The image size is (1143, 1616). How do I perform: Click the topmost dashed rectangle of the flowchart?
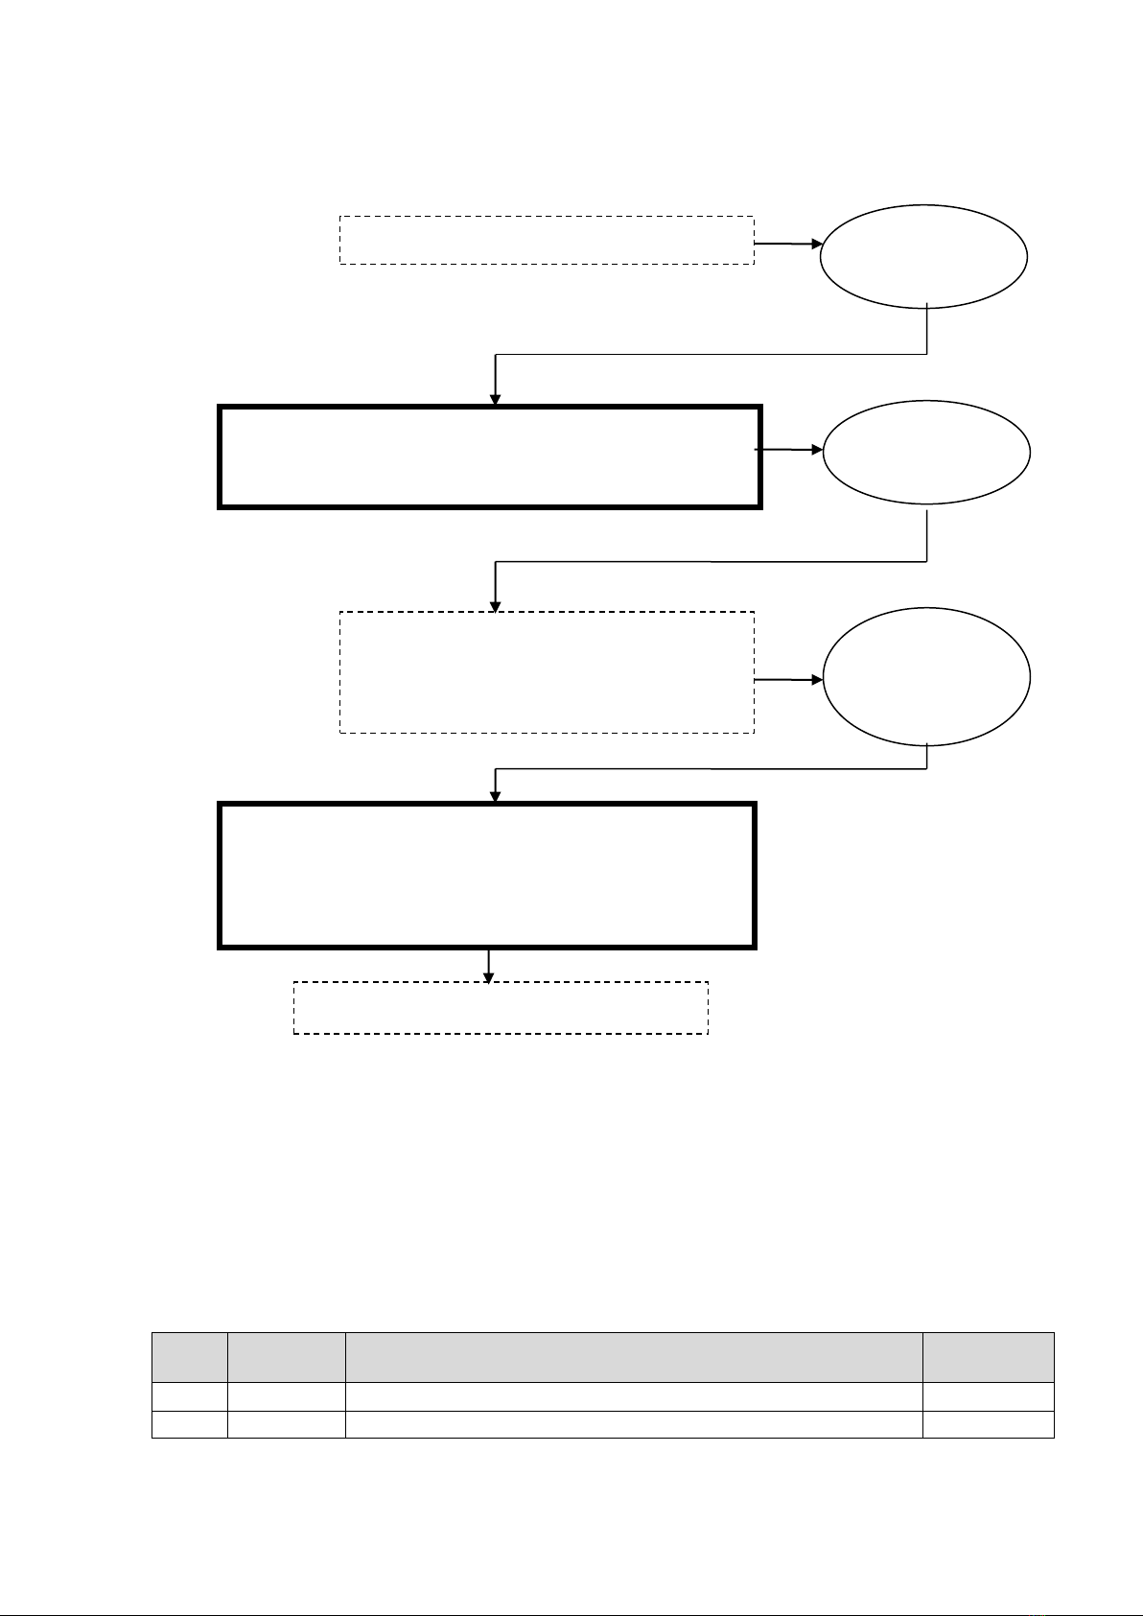(547, 240)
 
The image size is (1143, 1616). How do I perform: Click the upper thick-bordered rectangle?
(490, 457)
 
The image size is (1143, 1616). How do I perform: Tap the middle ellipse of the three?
(926, 452)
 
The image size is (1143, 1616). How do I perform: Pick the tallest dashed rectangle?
(547, 672)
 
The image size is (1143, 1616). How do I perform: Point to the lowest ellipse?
(926, 676)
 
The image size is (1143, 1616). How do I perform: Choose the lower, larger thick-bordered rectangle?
(488, 876)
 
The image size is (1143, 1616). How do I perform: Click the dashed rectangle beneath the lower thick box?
(501, 1007)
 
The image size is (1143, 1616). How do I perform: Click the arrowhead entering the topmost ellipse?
(817, 245)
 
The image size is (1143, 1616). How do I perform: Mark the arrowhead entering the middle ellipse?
(818, 449)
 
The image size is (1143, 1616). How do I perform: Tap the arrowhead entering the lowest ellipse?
(818, 680)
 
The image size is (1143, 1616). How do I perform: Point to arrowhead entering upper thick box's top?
(496, 400)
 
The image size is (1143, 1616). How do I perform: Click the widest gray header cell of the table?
(633, 1356)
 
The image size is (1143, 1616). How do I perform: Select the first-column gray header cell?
(189, 1356)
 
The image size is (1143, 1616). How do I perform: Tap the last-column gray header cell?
(988, 1356)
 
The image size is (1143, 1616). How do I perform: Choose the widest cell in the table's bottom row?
(633, 1424)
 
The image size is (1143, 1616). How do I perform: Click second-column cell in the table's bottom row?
(286, 1424)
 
